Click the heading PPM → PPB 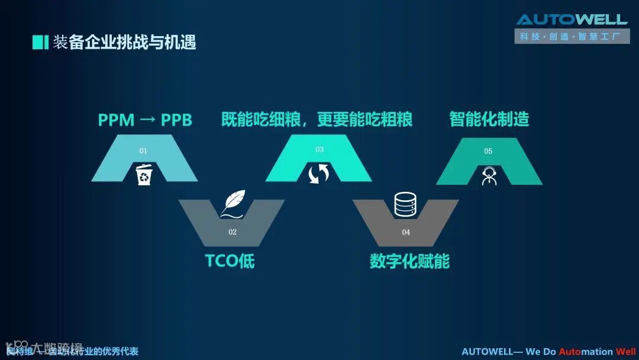coord(145,120)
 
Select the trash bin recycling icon coord(144,175)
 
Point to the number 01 coord(143,151)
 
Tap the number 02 coord(233,232)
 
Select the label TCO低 coord(230,261)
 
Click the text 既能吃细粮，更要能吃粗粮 coord(317,119)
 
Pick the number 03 coord(319,149)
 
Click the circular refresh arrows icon coord(318,174)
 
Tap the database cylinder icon coord(406,204)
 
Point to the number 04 coord(406,232)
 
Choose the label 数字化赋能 coord(409,261)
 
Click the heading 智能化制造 coord(489,119)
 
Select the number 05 coord(488,151)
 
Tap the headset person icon coord(489,176)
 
